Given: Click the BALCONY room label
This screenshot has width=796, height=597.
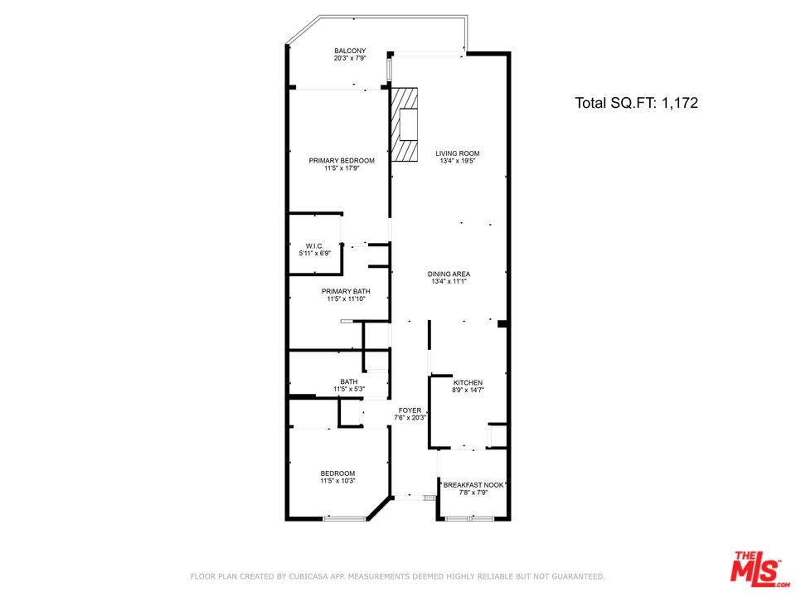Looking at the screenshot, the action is [350, 51].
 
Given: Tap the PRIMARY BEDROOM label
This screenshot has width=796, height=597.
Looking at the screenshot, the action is [342, 160].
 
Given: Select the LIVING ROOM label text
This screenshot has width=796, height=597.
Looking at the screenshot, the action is [458, 153].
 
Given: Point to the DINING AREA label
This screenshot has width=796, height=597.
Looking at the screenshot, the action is [449, 274].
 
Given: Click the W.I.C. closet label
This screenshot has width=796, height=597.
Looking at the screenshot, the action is [315, 245].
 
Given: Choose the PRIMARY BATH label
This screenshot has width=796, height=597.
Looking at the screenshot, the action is [346, 291].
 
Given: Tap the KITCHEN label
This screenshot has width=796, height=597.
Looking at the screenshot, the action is [468, 383].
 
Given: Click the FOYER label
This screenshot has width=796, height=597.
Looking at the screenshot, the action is [410, 410].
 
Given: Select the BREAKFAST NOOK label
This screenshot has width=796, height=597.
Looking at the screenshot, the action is [473, 485].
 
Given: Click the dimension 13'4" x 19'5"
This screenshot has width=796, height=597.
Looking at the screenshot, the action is [458, 161].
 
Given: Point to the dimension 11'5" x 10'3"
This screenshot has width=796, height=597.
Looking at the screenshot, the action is [337, 481].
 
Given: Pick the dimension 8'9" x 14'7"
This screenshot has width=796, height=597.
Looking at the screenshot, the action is [468, 391].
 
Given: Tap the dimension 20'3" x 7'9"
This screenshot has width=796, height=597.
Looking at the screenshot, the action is [350, 58].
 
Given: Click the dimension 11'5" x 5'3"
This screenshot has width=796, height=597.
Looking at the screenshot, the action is [349, 390].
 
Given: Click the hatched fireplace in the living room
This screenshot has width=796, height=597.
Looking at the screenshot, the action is [404, 125].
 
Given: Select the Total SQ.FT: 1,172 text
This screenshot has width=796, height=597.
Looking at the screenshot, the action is [636, 103].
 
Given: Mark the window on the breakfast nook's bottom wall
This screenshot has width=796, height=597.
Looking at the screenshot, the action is [470, 518].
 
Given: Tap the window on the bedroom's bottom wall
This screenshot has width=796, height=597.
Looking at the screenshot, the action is [345, 518].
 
